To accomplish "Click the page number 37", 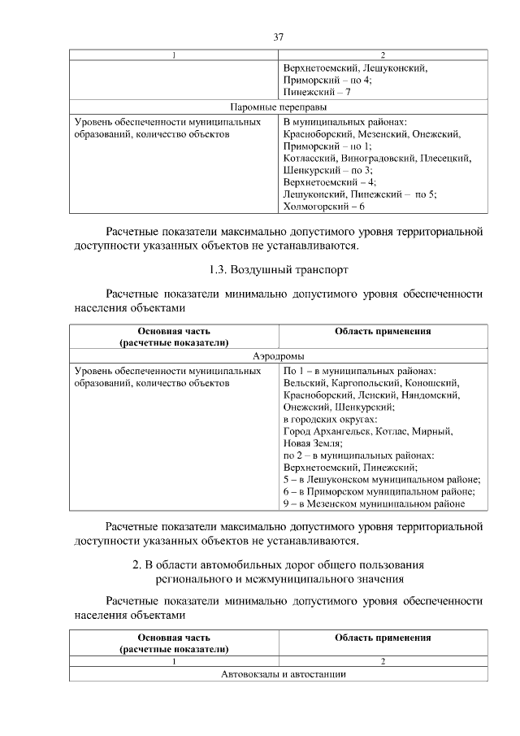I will [278, 37].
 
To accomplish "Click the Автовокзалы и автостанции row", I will [278, 675].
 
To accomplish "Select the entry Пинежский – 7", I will [317, 94].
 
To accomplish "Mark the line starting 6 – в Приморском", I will [379, 491].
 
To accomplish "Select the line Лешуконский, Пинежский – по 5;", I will [360, 194].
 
